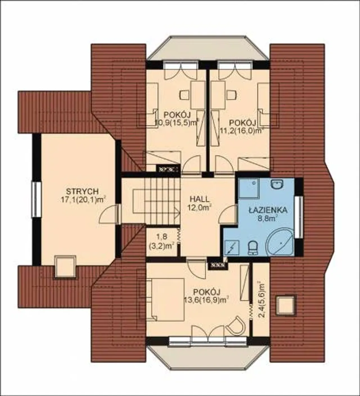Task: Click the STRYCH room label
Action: click(82, 191)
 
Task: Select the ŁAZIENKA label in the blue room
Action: click(267, 210)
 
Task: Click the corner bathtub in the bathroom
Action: click(280, 242)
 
